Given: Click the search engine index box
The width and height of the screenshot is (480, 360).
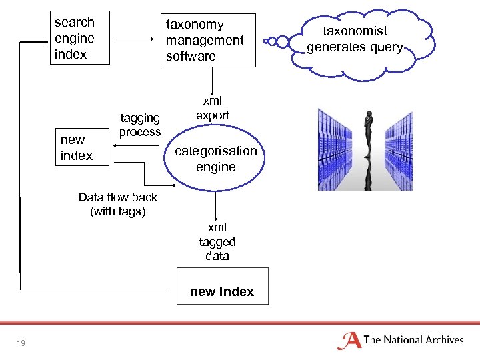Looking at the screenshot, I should pos(74,39).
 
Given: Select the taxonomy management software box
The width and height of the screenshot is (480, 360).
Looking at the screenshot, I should pos(205,41).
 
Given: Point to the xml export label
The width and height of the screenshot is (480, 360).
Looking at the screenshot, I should pos(212,108).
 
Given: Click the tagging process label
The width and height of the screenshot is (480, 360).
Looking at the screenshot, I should pos(140,125).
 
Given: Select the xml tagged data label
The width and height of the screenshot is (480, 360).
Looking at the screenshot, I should pos(217,242).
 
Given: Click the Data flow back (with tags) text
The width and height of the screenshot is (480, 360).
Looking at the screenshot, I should pos(118,205).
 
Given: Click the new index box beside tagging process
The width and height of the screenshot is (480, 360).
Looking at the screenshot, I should pos(76,147).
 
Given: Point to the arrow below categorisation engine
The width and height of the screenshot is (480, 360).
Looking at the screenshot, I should pos(215,203).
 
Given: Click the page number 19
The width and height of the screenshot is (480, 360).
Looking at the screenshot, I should pos(21,343).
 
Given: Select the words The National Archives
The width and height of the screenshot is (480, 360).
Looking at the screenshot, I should pos(413,340).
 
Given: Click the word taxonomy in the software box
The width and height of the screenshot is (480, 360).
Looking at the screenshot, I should pos(195,25).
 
